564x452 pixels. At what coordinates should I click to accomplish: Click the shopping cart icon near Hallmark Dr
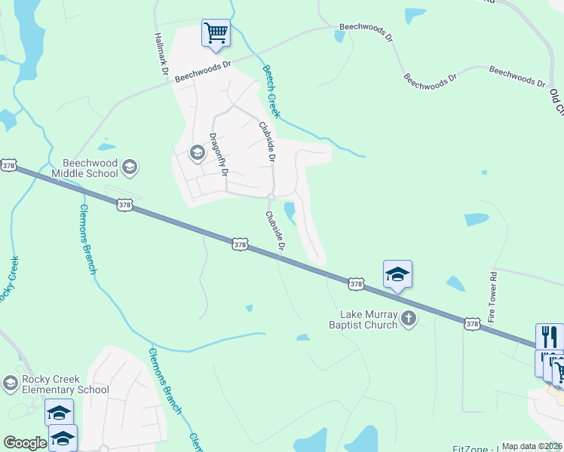point(216,33)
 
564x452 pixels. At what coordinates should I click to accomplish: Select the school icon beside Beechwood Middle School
point(129,166)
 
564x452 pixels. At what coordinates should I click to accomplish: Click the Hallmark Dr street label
point(160,53)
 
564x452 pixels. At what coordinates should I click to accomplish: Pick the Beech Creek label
point(271,91)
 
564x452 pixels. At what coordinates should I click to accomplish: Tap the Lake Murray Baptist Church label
point(368,319)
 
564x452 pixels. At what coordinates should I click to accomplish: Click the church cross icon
point(409,319)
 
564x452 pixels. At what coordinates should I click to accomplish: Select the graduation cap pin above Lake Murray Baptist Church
point(397,274)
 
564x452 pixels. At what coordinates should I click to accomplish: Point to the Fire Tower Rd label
point(492,298)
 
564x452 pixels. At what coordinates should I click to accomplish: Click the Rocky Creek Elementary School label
point(65,384)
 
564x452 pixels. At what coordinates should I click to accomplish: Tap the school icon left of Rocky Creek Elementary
point(10,383)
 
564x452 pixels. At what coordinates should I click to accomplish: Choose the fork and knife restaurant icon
point(549,336)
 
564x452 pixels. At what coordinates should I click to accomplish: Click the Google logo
point(25,443)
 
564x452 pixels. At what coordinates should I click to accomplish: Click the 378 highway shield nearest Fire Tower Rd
point(472,323)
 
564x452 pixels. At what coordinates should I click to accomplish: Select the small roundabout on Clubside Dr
point(270,197)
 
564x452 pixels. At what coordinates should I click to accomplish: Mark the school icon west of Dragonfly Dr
point(197,154)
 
